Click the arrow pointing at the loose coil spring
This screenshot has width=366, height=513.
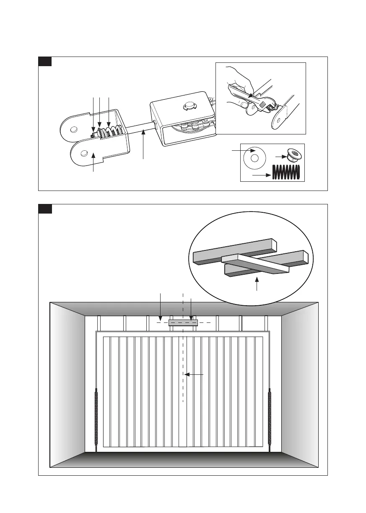tap(261, 175)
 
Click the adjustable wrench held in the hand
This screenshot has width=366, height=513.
tap(252, 98)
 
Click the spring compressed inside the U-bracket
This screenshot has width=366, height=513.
tap(110, 132)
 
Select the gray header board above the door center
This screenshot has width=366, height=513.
tap(183, 322)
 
